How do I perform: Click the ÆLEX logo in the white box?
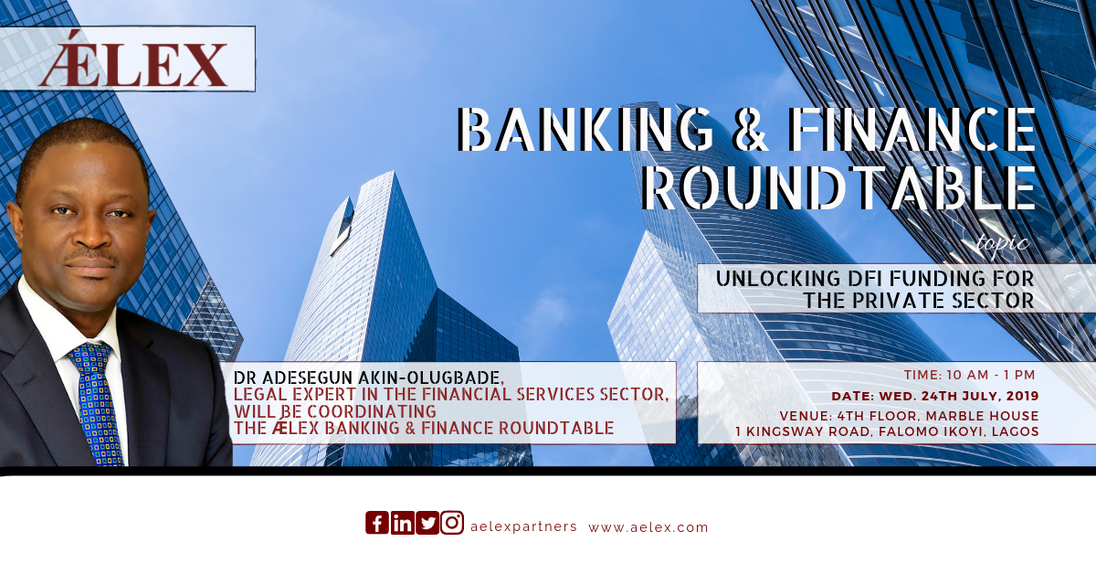pos(133,58)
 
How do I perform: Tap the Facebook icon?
pos(377,523)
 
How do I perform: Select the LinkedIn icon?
pos(403,523)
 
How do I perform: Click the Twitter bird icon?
pos(427,523)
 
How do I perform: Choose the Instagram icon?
pos(453,523)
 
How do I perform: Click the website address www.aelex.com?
pos(648,527)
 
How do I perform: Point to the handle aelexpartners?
pos(523,527)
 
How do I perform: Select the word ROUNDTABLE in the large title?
pos(838,188)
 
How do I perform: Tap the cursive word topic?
pos(1002,243)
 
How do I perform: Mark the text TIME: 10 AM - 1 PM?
pos(969,375)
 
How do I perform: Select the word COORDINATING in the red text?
pos(372,411)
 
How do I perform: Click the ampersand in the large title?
pos(751,129)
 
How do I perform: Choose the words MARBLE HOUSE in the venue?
pos(983,416)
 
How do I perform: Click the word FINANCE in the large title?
pos(912,129)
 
